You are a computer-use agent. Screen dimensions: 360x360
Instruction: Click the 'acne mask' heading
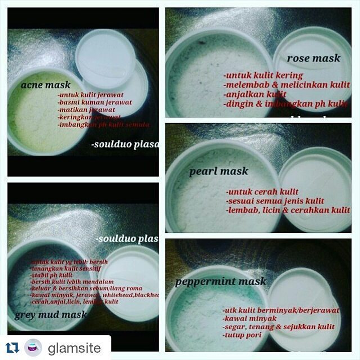tap(45, 85)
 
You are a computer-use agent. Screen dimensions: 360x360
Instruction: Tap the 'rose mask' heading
tap(313, 58)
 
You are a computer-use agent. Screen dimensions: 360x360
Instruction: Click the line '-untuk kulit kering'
tap(263, 75)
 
